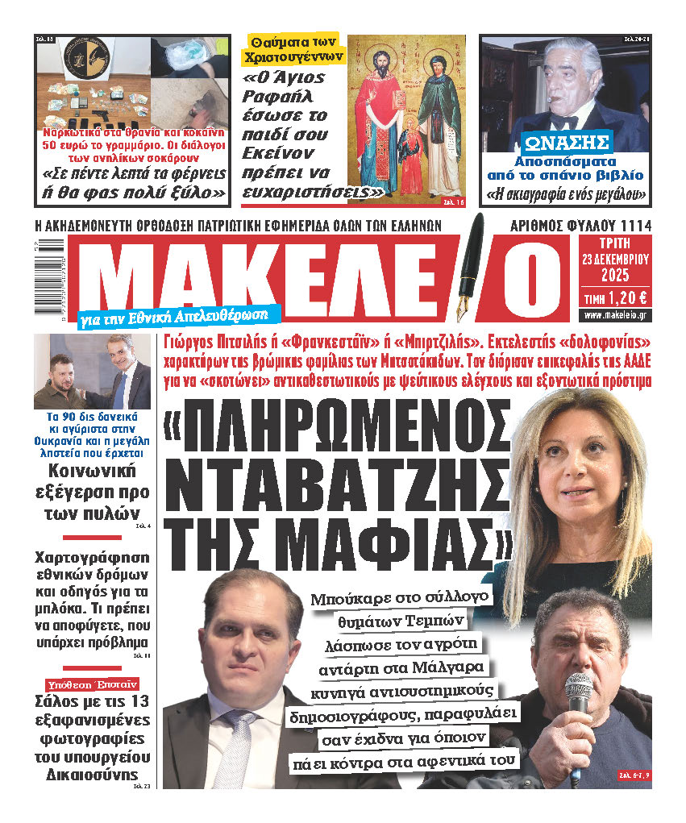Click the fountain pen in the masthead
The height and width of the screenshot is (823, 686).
[475, 267]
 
